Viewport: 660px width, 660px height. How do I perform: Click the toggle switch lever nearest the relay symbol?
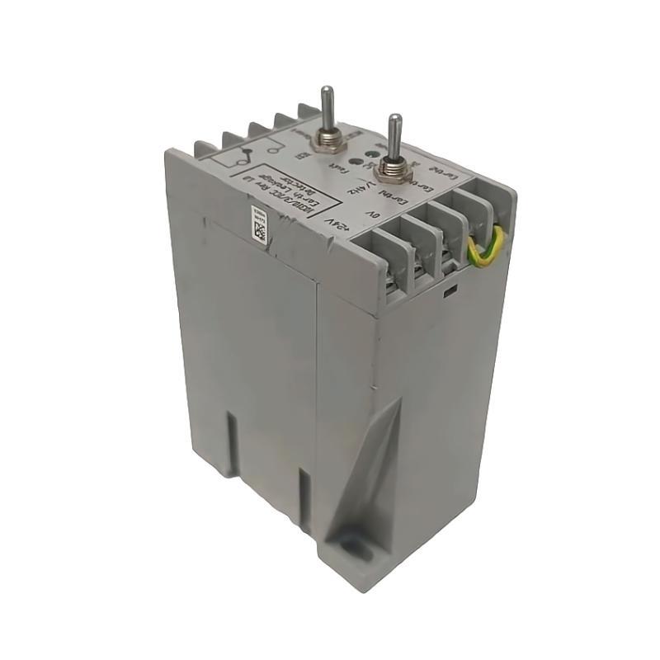pyautogui.click(x=328, y=106)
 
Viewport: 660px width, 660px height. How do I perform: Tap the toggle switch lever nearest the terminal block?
pyautogui.click(x=396, y=137)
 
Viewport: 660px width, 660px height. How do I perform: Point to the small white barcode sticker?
pyautogui.click(x=258, y=224)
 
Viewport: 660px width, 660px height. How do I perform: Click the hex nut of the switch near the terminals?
pyautogui.click(x=394, y=170)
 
